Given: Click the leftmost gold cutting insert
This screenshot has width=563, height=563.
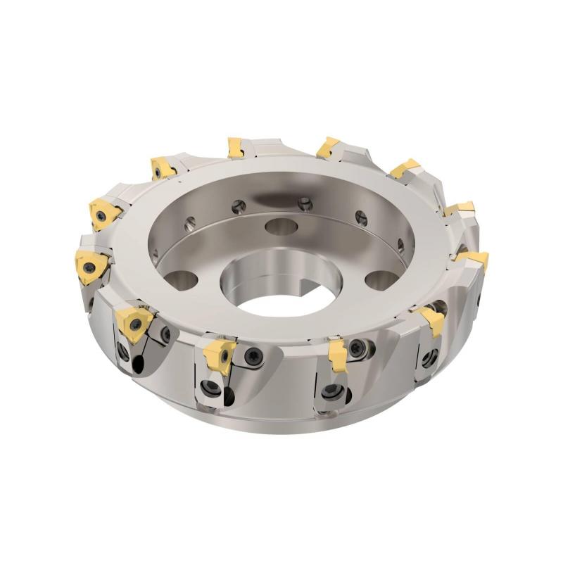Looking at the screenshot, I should (x=90, y=267).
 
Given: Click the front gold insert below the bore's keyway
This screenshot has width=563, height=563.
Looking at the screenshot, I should (x=339, y=349).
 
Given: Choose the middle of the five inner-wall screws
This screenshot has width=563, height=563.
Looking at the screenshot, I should (x=303, y=204).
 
